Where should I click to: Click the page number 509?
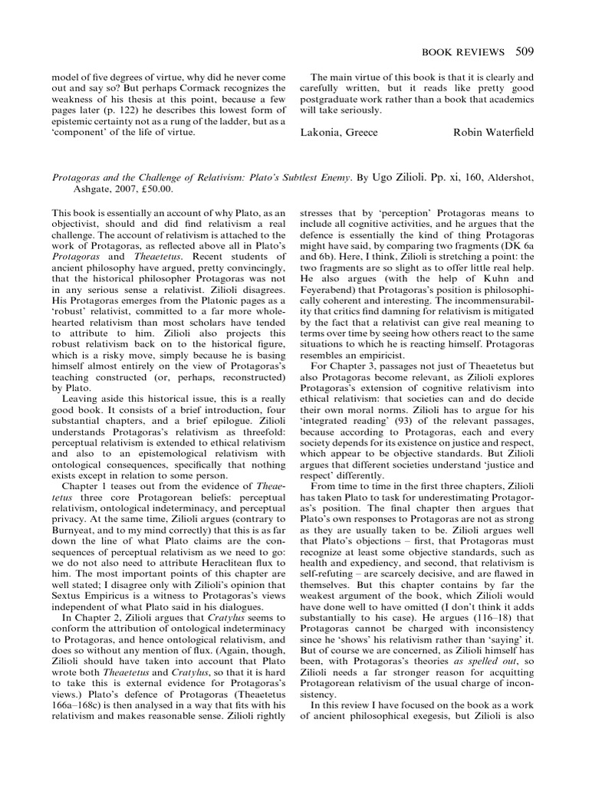coord(522,51)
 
